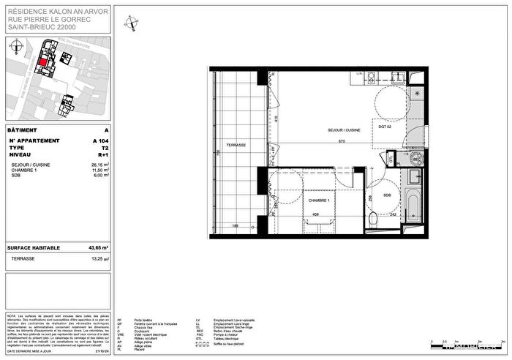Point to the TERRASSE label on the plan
tap(236, 145)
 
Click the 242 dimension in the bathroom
tap(391, 215)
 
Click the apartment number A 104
tap(99, 139)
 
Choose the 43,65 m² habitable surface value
tap(98, 248)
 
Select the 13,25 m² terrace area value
tap(99, 258)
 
